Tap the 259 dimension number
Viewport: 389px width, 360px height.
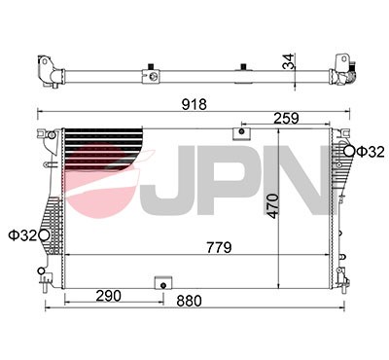285,119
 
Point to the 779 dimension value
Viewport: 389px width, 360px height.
217,248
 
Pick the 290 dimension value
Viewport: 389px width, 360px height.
110,295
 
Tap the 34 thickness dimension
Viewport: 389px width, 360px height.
287,60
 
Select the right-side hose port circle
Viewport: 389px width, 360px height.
349,151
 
